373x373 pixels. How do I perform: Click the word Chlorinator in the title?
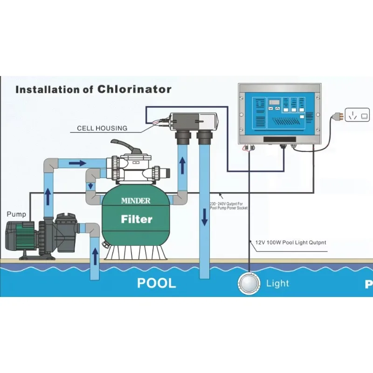tap(134, 89)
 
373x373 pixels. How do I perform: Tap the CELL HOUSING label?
tap(102, 128)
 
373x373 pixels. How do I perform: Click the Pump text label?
tap(16, 214)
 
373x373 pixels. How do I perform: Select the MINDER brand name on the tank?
tap(136, 201)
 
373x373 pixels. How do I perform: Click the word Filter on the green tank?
tap(137, 219)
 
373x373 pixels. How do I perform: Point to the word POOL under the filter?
tap(156, 283)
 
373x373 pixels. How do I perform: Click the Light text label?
tap(277, 283)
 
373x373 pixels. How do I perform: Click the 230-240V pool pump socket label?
tap(228, 206)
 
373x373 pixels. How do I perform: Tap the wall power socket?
tap(357, 114)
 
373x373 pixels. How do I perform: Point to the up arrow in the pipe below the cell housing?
tap(182, 164)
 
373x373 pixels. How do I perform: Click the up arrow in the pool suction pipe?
tap(95, 256)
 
